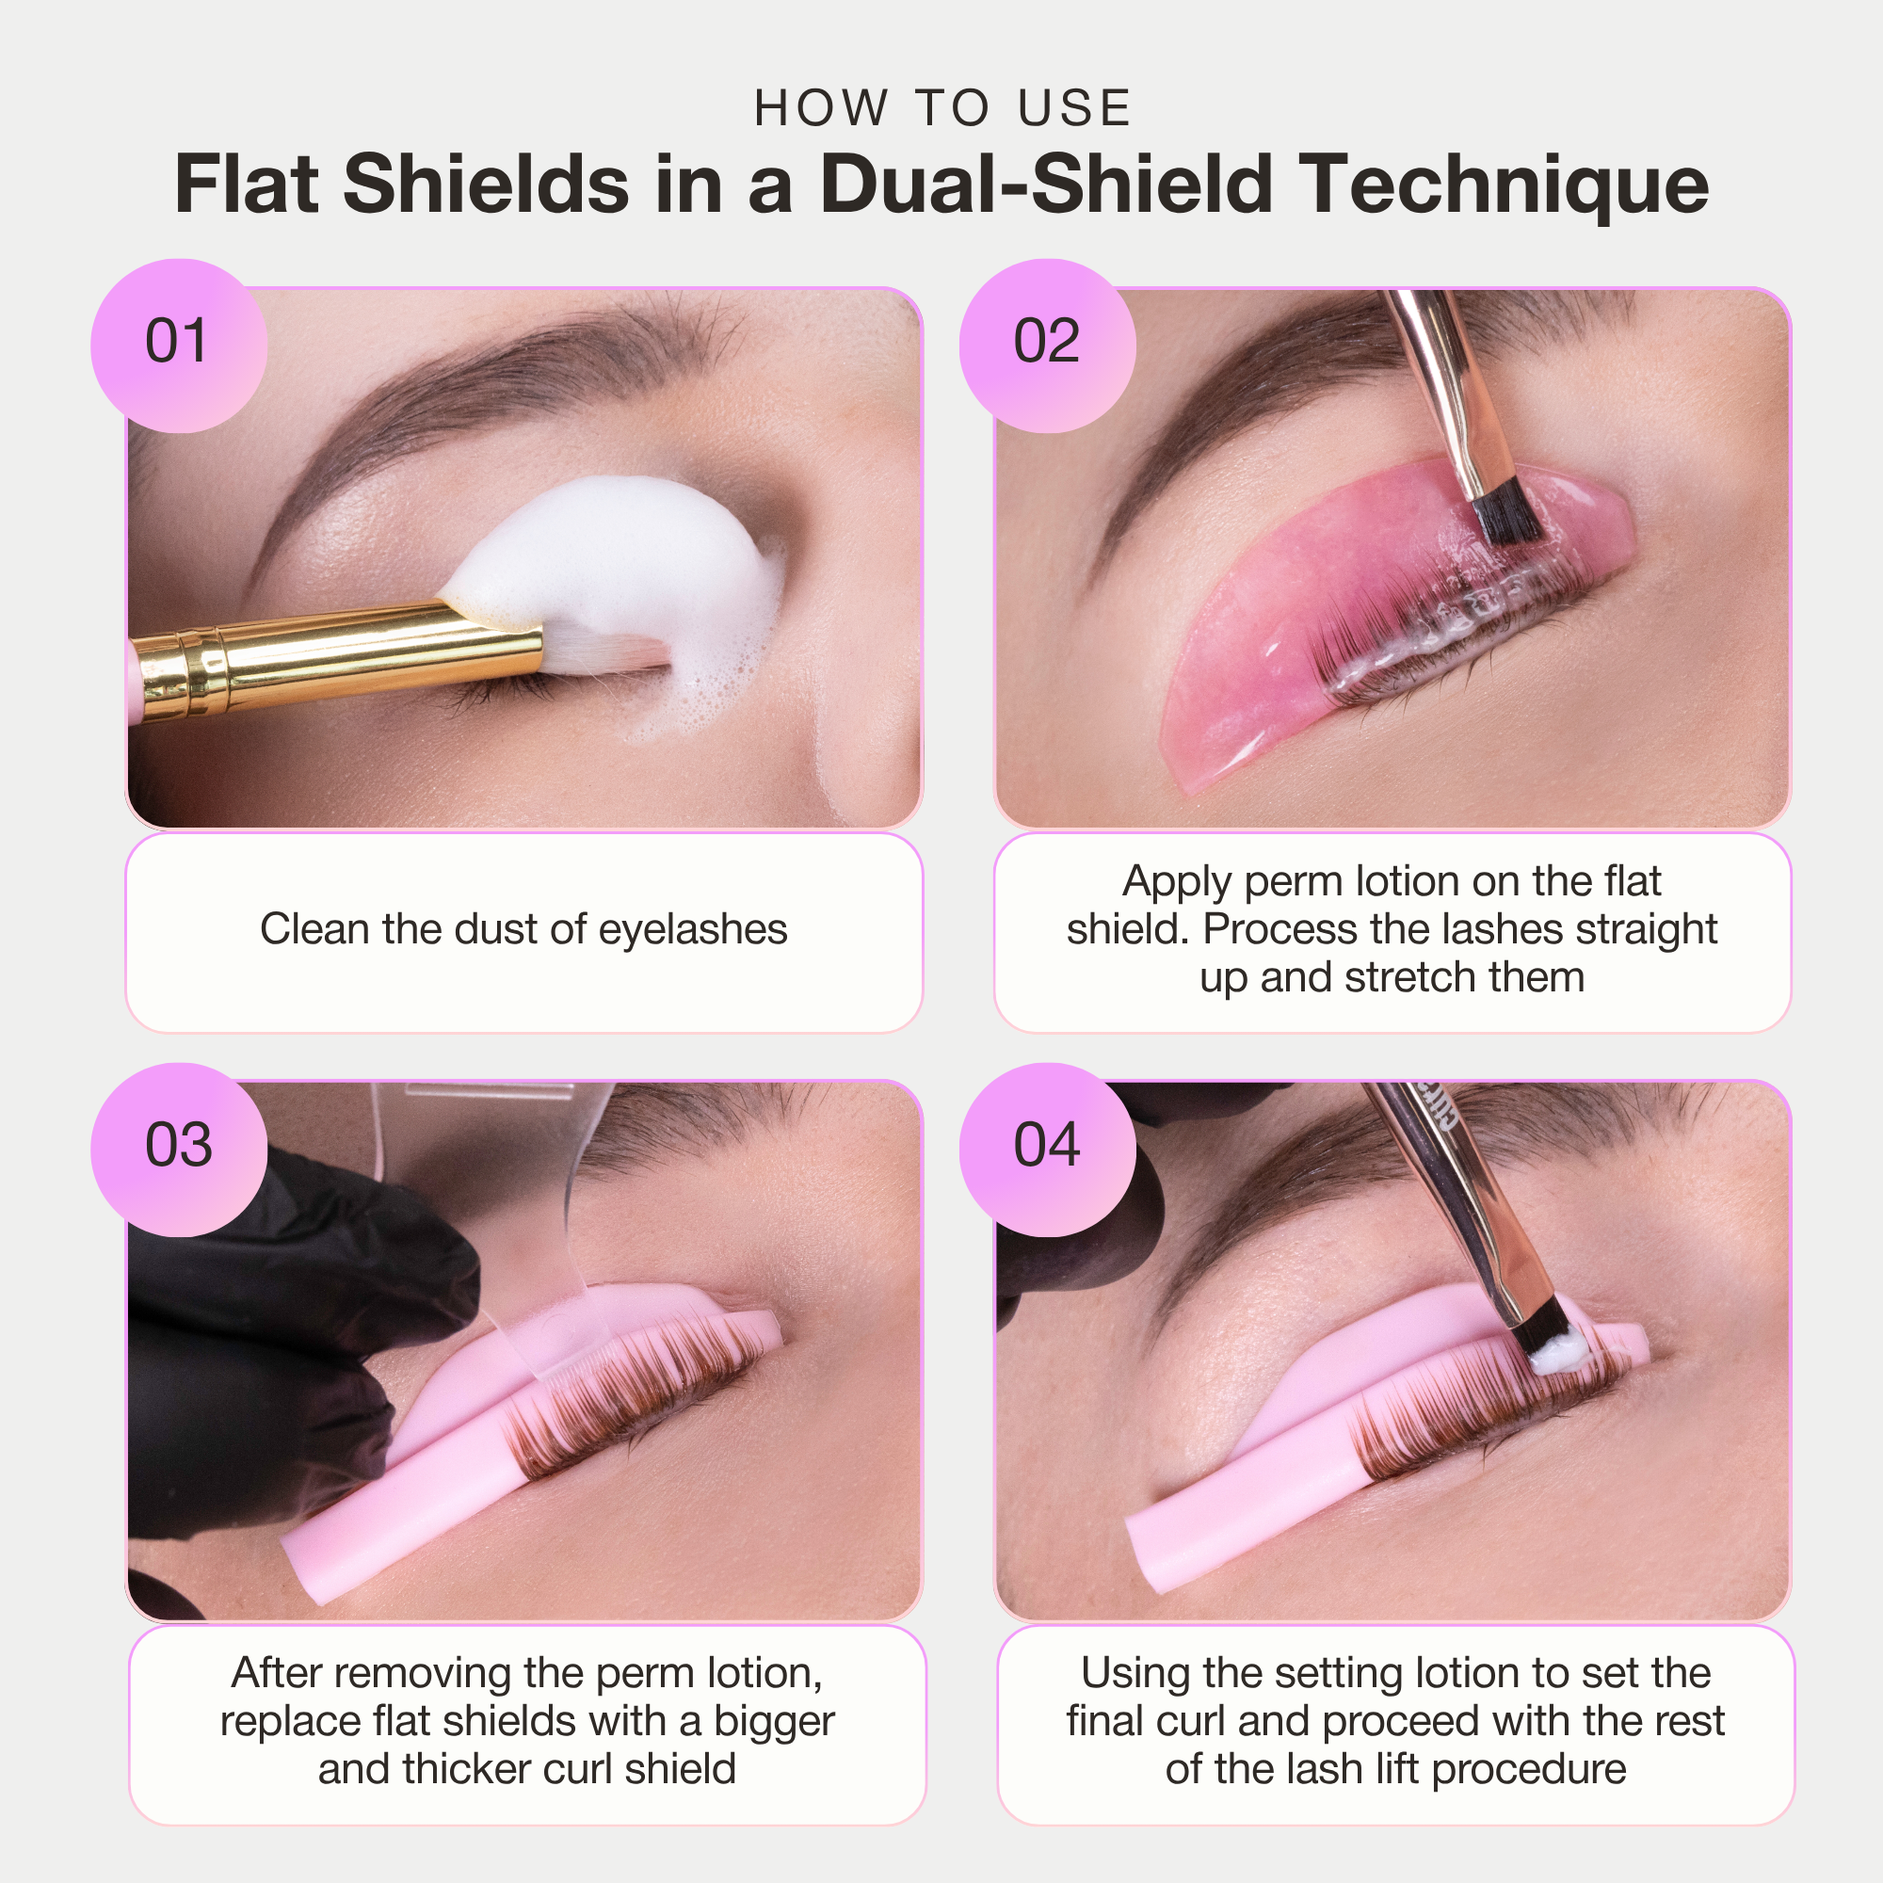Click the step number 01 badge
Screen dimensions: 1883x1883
177,343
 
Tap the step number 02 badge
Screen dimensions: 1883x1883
1047,343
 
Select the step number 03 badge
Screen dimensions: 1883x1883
177,1146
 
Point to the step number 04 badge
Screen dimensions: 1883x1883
1047,1146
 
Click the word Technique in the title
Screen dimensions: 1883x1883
1505,185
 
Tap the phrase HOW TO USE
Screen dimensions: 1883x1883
941,107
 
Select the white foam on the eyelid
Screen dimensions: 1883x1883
624,555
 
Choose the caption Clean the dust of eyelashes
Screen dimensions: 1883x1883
523,930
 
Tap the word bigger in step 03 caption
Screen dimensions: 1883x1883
774,1722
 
